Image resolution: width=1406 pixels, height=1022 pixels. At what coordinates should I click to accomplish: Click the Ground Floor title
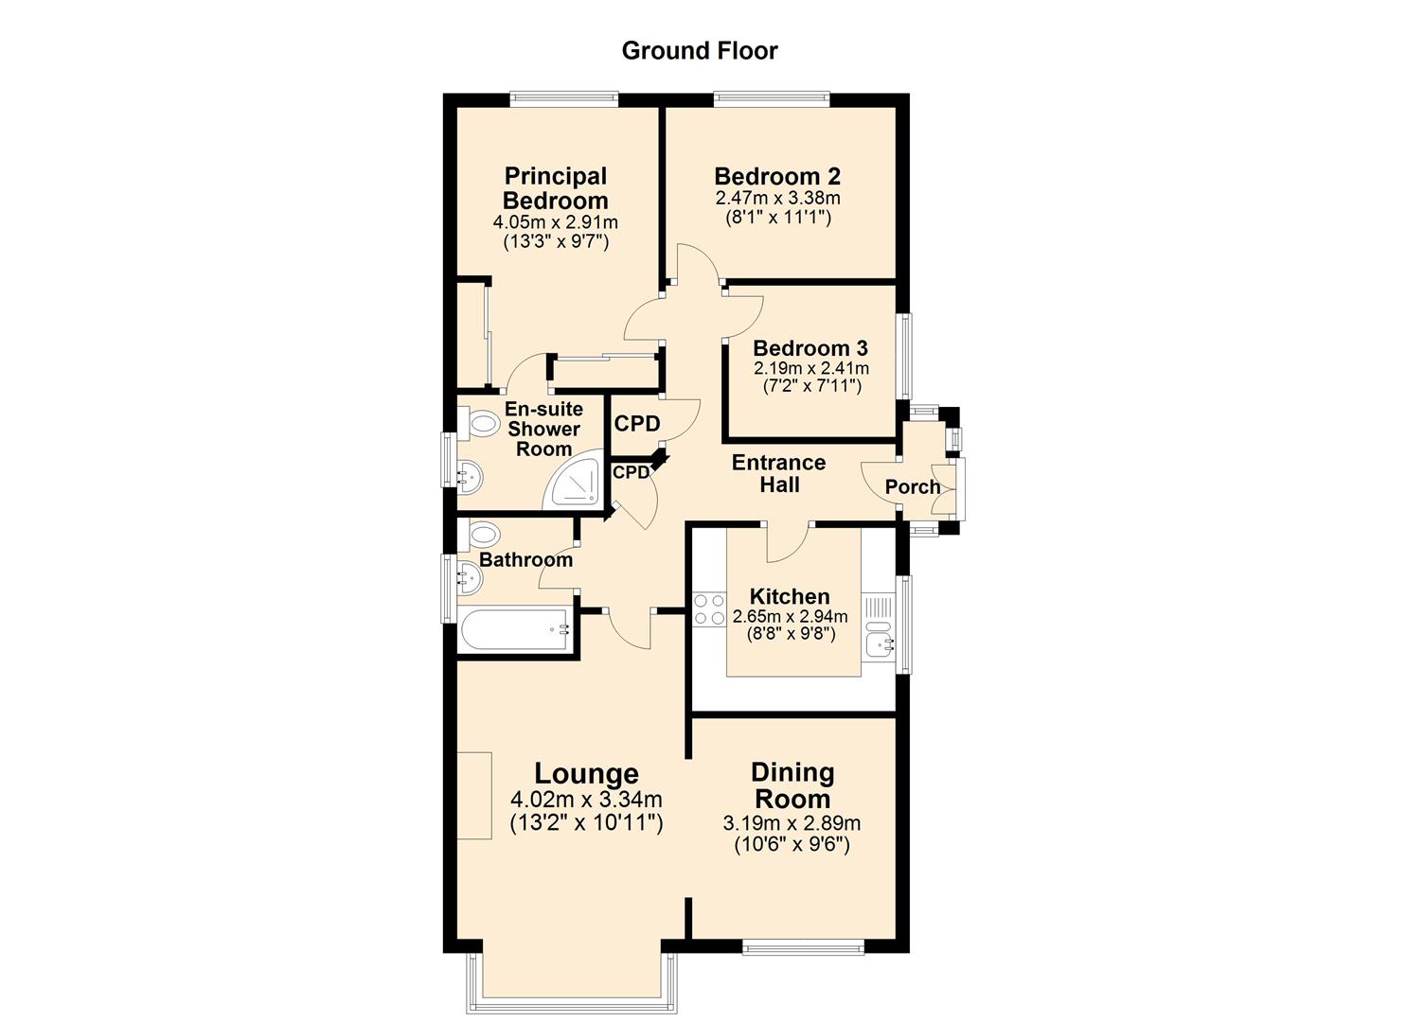click(x=699, y=51)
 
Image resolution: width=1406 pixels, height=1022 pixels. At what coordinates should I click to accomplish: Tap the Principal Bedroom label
click(x=555, y=188)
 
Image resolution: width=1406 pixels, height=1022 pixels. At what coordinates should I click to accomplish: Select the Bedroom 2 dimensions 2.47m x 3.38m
click(x=777, y=199)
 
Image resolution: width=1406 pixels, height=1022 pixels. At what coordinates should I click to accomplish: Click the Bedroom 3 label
click(x=810, y=348)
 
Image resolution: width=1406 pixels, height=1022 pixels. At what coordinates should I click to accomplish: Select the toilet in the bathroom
click(x=481, y=535)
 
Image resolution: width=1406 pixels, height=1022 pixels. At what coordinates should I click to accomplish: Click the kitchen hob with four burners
click(x=708, y=608)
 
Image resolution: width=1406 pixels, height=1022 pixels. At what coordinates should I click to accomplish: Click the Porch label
click(x=912, y=487)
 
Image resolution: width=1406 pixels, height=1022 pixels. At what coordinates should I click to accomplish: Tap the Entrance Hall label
click(x=778, y=473)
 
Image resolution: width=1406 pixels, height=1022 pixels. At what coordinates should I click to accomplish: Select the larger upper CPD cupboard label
click(x=636, y=424)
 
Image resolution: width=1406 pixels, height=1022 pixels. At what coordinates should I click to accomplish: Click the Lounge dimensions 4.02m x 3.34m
click(x=585, y=800)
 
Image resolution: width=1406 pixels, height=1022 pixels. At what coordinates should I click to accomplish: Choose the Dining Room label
click(x=792, y=785)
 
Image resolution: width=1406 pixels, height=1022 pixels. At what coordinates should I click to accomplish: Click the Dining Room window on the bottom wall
click(x=802, y=946)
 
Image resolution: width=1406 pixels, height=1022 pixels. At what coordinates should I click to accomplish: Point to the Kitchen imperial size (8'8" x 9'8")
click(x=791, y=634)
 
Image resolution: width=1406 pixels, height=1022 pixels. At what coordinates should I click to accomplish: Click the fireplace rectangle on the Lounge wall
click(x=474, y=795)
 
